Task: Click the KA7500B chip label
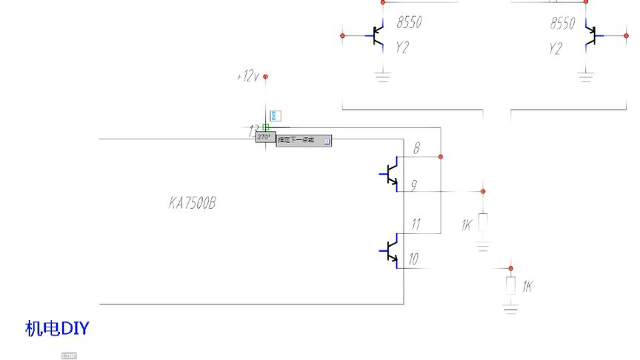click(x=192, y=202)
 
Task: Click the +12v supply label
click(x=247, y=76)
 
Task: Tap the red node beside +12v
click(x=265, y=76)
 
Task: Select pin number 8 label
click(x=416, y=148)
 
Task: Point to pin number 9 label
click(x=414, y=186)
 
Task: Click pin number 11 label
click(x=416, y=224)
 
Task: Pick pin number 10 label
click(x=413, y=259)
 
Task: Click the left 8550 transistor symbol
click(x=379, y=35)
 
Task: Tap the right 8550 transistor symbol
click(x=590, y=35)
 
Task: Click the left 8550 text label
click(x=409, y=23)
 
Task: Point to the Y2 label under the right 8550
click(x=556, y=49)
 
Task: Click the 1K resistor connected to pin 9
click(x=483, y=222)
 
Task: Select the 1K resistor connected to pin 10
click(x=510, y=284)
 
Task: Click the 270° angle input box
click(x=264, y=137)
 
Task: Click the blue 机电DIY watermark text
click(x=57, y=328)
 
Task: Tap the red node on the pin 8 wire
click(x=441, y=157)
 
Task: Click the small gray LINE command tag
click(x=69, y=356)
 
